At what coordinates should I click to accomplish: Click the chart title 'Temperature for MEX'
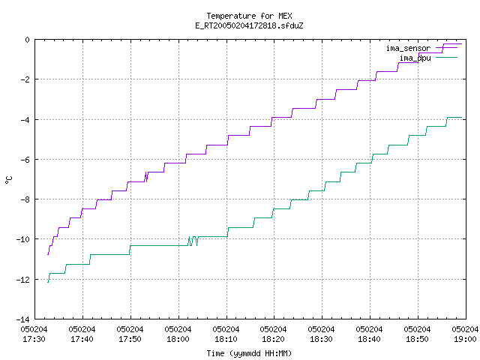tap(249, 16)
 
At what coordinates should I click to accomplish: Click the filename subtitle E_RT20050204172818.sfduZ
tap(249, 25)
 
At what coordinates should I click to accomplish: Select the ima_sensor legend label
tap(408, 48)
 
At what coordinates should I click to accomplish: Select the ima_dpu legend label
tap(415, 58)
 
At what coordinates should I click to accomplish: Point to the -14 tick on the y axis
tap(22, 319)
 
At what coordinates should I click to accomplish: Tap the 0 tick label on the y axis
tap(28, 40)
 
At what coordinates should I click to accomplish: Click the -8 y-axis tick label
tap(25, 199)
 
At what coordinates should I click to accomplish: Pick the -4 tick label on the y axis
tap(25, 120)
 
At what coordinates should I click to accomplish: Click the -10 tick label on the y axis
tap(22, 239)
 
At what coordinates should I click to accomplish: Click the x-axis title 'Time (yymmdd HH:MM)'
tap(249, 353)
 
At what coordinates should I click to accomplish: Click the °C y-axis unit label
tap(8, 180)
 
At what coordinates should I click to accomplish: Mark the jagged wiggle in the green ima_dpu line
tap(193, 241)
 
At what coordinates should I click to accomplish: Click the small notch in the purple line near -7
tap(146, 177)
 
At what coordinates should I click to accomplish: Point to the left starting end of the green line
tap(48, 282)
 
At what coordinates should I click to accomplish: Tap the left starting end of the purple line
tap(48, 254)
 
